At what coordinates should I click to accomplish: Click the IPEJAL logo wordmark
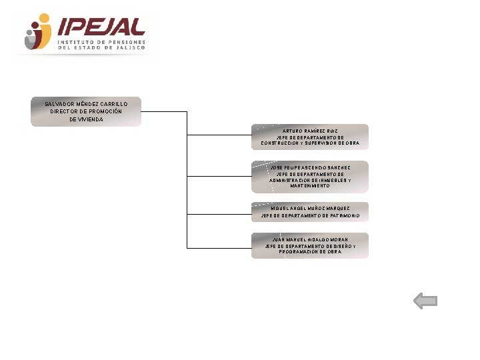point(101,27)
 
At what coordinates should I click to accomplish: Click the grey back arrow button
point(425,301)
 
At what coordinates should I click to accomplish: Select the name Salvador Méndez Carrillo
point(85,104)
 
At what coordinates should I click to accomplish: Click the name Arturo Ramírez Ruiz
point(309,131)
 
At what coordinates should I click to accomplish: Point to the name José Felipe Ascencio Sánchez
point(310,167)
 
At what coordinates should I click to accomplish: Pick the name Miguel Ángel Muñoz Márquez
point(310,208)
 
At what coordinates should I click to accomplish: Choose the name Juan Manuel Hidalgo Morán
point(310,239)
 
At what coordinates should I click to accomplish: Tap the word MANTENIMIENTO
point(310,186)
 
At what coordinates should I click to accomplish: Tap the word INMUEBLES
point(329,180)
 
